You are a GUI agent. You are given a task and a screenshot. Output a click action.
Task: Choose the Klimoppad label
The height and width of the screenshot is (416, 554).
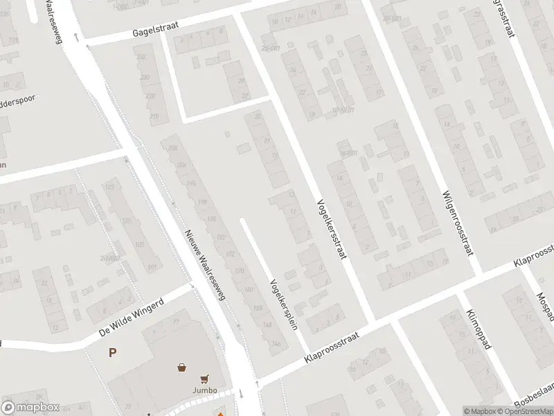[479, 329]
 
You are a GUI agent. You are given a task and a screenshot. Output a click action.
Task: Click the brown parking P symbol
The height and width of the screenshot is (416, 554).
[112, 352]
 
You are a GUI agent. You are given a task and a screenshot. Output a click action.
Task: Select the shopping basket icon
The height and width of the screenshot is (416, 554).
[181, 367]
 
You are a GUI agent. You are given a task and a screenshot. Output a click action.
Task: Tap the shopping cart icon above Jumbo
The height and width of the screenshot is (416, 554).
[204, 379]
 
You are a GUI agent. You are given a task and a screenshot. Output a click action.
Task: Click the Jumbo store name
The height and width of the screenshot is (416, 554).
[204, 390]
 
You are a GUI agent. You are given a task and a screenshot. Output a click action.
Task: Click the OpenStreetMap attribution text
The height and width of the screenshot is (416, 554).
[526, 411]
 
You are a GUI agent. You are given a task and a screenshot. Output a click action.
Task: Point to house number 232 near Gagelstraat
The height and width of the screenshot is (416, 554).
[142, 58]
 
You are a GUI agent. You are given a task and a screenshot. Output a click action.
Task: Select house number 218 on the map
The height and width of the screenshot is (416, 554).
[154, 115]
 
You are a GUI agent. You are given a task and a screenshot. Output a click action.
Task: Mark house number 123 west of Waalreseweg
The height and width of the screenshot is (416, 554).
[109, 187]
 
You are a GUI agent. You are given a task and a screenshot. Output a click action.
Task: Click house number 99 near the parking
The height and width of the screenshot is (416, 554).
[175, 322]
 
